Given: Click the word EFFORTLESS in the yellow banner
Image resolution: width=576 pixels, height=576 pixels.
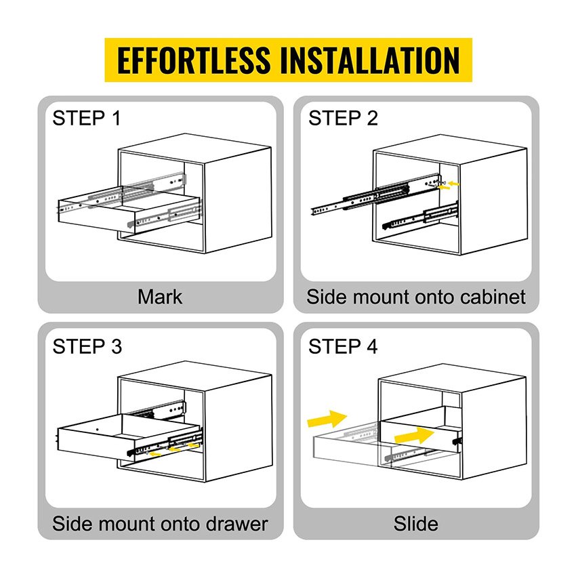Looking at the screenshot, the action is tap(194, 60).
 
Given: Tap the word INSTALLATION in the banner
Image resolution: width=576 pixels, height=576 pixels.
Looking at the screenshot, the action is tap(370, 60).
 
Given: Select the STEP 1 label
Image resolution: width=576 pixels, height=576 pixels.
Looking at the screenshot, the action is tap(86, 119).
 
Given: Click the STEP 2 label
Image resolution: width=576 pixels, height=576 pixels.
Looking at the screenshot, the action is tap(343, 119).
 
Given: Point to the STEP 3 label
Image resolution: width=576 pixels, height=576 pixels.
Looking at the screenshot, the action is tap(87, 346).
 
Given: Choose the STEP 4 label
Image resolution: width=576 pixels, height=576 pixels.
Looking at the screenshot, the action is tap(343, 346).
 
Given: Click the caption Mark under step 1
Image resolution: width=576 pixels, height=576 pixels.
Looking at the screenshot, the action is tap(160, 297).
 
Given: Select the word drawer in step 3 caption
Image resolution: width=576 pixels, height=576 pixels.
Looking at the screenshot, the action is tap(236, 524).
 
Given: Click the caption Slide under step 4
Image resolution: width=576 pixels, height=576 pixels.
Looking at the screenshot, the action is tap(416, 524).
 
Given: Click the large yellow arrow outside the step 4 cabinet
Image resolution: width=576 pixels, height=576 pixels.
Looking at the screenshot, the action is tap(327, 419).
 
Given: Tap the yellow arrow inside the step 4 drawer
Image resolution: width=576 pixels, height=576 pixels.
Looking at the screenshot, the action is tap(414, 436).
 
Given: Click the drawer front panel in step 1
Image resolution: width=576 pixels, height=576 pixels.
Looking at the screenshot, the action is tap(96, 217).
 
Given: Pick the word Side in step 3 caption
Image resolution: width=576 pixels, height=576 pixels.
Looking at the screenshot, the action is tap(72, 524).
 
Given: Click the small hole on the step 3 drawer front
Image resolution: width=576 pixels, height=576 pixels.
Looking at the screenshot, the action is tap(97, 430).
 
